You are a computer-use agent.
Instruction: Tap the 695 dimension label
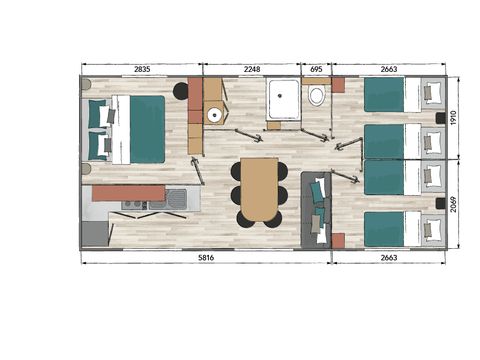(x=315, y=69)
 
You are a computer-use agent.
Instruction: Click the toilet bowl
(x=317, y=97)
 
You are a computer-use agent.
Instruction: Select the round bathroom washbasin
(x=214, y=115)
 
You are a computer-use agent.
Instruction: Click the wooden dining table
(x=258, y=188)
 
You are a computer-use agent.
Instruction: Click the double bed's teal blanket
(x=146, y=129)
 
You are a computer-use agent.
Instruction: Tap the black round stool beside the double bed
(x=181, y=91)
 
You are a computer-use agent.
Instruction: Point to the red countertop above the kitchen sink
(x=128, y=191)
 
